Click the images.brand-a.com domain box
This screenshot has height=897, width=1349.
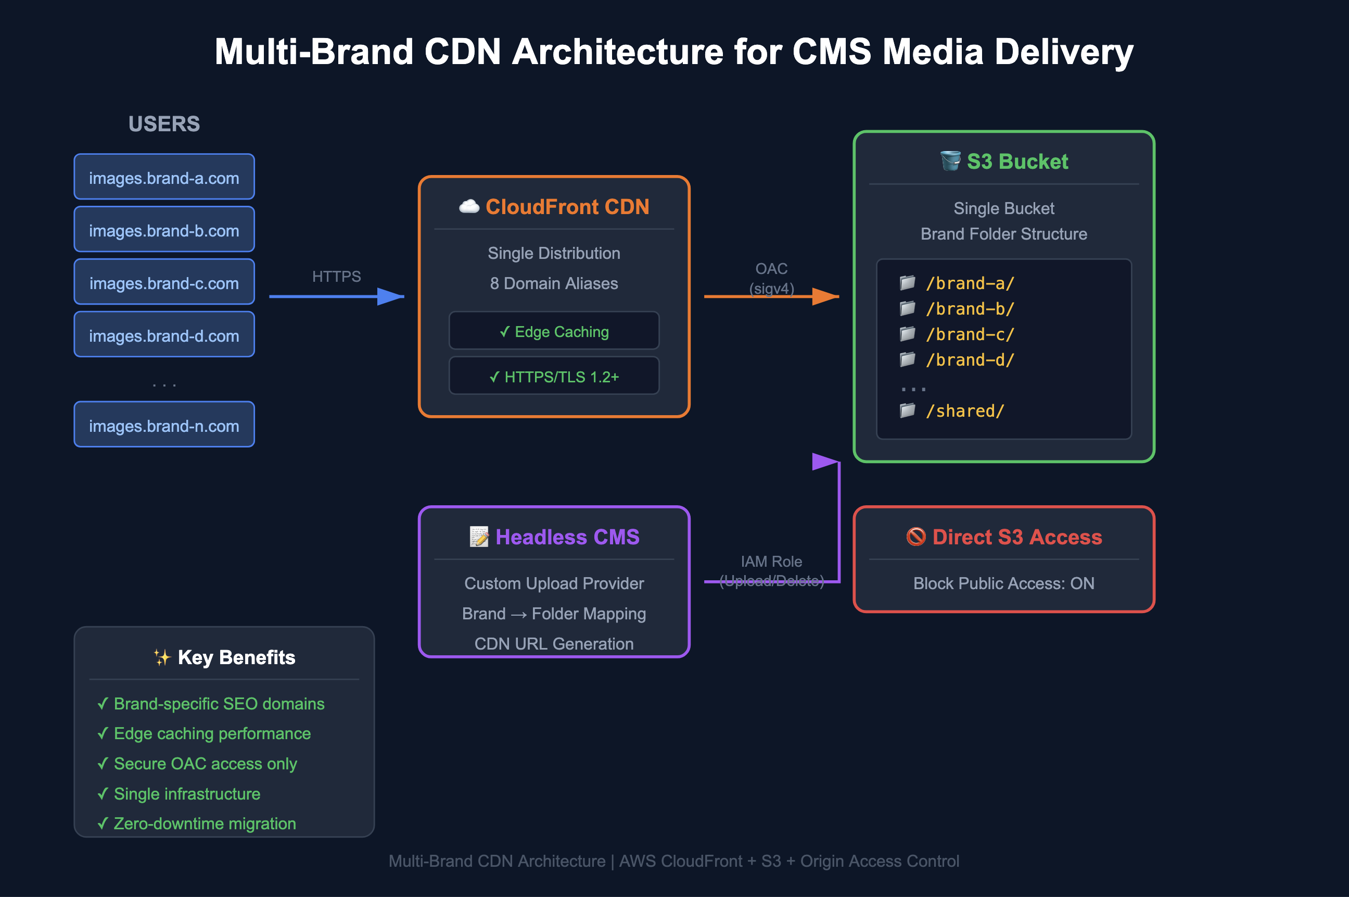(x=164, y=177)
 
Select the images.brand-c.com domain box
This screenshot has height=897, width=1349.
(x=164, y=283)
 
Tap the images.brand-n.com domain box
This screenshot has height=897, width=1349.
(x=164, y=425)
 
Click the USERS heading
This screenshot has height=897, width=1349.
(x=164, y=124)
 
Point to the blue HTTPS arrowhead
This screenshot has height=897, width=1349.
(x=391, y=296)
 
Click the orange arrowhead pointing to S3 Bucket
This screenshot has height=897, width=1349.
(x=826, y=296)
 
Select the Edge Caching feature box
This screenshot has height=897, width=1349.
(x=554, y=331)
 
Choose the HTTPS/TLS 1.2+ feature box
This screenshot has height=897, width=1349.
(x=554, y=377)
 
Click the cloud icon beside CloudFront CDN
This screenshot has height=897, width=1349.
(x=469, y=206)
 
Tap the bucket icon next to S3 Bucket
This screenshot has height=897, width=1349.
(x=950, y=161)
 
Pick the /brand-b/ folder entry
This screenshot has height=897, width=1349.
(x=970, y=309)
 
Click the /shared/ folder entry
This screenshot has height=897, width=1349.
(x=965, y=411)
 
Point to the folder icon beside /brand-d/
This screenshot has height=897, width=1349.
(x=907, y=359)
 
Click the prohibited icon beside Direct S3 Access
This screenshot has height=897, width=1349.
(x=915, y=537)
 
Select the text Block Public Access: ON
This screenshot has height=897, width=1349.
(x=1004, y=583)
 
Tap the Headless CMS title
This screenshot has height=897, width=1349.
(x=567, y=537)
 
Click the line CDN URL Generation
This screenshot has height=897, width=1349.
(x=554, y=643)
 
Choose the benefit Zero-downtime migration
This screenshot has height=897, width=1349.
(x=205, y=823)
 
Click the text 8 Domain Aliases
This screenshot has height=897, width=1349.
(x=554, y=283)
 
